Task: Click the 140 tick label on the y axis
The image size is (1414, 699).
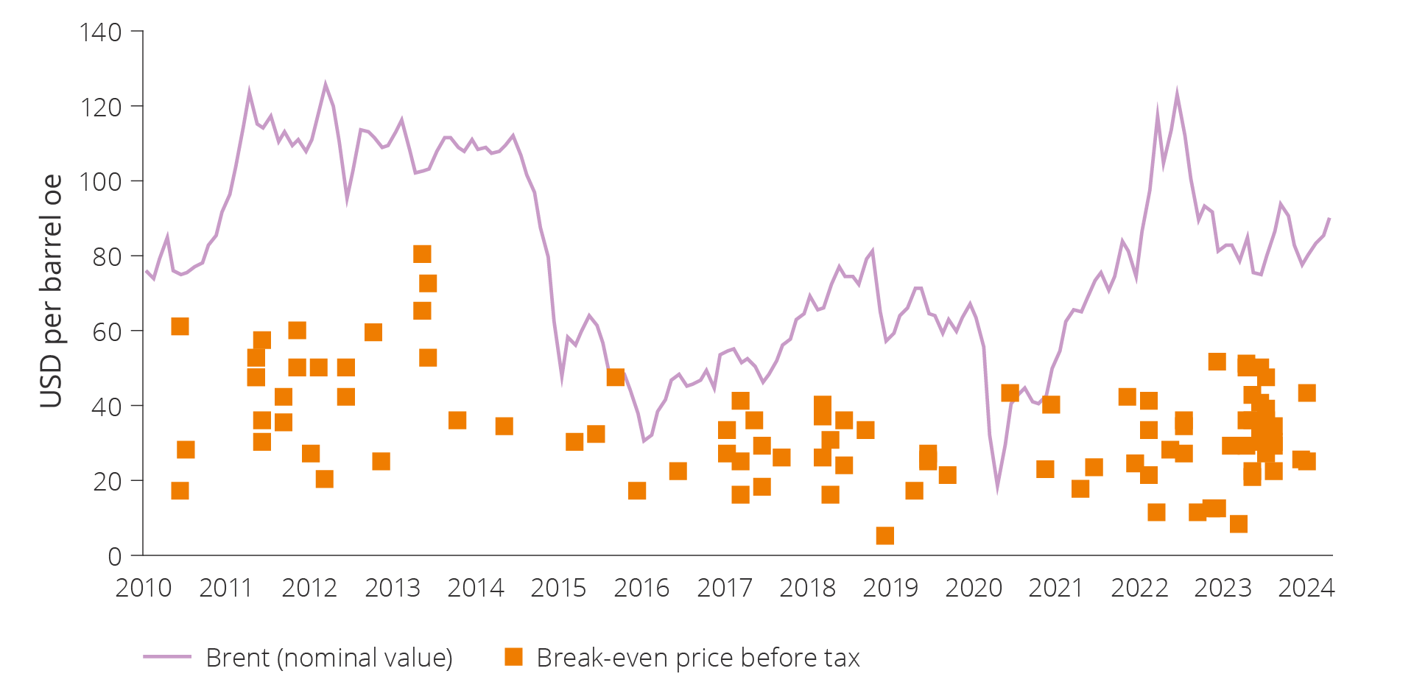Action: (x=101, y=32)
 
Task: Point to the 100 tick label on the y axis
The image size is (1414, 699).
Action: (x=101, y=182)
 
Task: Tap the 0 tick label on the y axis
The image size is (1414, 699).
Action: (x=115, y=556)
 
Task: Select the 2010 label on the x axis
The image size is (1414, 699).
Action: (x=143, y=588)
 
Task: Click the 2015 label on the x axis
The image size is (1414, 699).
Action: (x=558, y=588)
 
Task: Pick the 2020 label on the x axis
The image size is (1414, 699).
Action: (x=974, y=588)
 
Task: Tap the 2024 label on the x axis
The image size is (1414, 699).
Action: (x=1306, y=588)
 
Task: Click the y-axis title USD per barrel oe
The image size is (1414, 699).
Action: (x=51, y=291)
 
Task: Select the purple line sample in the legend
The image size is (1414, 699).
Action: (x=167, y=656)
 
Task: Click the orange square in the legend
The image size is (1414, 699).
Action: (x=513, y=656)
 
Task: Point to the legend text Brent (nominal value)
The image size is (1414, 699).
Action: (x=329, y=658)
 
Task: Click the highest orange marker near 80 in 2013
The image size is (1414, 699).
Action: (x=422, y=254)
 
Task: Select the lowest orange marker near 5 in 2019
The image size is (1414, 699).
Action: (x=885, y=535)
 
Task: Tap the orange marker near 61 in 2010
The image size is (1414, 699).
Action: (x=180, y=326)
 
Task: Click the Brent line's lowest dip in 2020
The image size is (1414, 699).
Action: (x=997, y=487)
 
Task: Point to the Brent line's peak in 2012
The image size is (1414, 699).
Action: (x=326, y=85)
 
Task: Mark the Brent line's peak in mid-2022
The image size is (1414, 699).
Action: (x=1177, y=94)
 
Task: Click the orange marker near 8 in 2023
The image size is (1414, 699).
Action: (x=1239, y=524)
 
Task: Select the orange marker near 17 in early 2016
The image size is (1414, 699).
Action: (x=637, y=491)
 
